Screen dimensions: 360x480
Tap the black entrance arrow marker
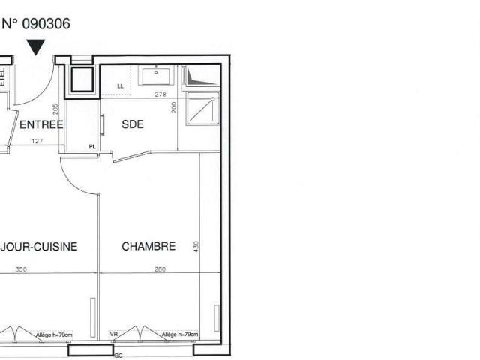coord(35,48)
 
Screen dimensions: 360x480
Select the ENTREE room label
coord(40,124)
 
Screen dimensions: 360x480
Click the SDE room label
coord(132,124)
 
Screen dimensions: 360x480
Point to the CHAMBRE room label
coord(148,246)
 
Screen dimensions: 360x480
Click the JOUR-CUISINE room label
coord(39,246)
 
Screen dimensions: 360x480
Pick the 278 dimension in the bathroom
coord(160,94)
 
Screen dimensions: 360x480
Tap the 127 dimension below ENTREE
coord(37,140)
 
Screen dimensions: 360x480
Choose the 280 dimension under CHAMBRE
coord(159,268)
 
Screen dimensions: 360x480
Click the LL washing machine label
coord(120,86)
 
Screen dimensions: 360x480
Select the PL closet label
coord(92,147)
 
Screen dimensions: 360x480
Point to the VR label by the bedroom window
coord(114,334)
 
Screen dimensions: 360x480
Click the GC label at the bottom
coord(118,355)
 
